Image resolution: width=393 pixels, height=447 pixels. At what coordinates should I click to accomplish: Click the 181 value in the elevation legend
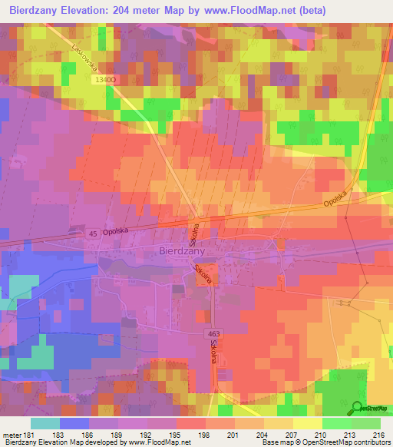click(x=28, y=434)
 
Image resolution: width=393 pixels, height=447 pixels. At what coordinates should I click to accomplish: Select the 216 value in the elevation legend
click(x=378, y=434)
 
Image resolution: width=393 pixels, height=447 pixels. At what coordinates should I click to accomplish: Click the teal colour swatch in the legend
click(x=45, y=423)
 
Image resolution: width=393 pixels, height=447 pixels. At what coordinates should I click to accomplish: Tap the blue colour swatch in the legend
click(x=74, y=423)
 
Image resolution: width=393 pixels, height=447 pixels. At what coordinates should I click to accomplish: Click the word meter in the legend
click(x=11, y=434)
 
